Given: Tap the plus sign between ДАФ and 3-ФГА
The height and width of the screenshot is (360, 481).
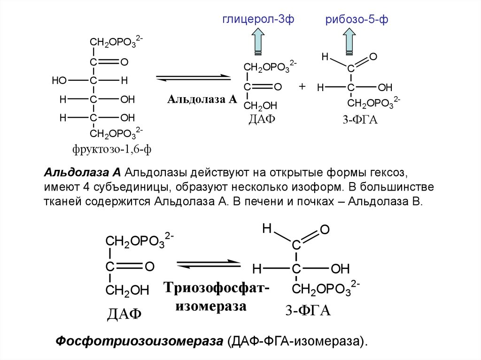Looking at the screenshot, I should pyautogui.click(x=302, y=86).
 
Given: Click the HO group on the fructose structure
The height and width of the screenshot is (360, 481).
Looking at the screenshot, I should pyautogui.click(x=60, y=81).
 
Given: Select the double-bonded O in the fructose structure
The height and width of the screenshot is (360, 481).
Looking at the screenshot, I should pyautogui.click(x=124, y=62).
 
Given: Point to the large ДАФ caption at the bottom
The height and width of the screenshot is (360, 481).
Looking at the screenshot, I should pyautogui.click(x=124, y=313).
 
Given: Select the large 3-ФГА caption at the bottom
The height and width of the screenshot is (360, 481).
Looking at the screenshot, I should pyautogui.click(x=308, y=311).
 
